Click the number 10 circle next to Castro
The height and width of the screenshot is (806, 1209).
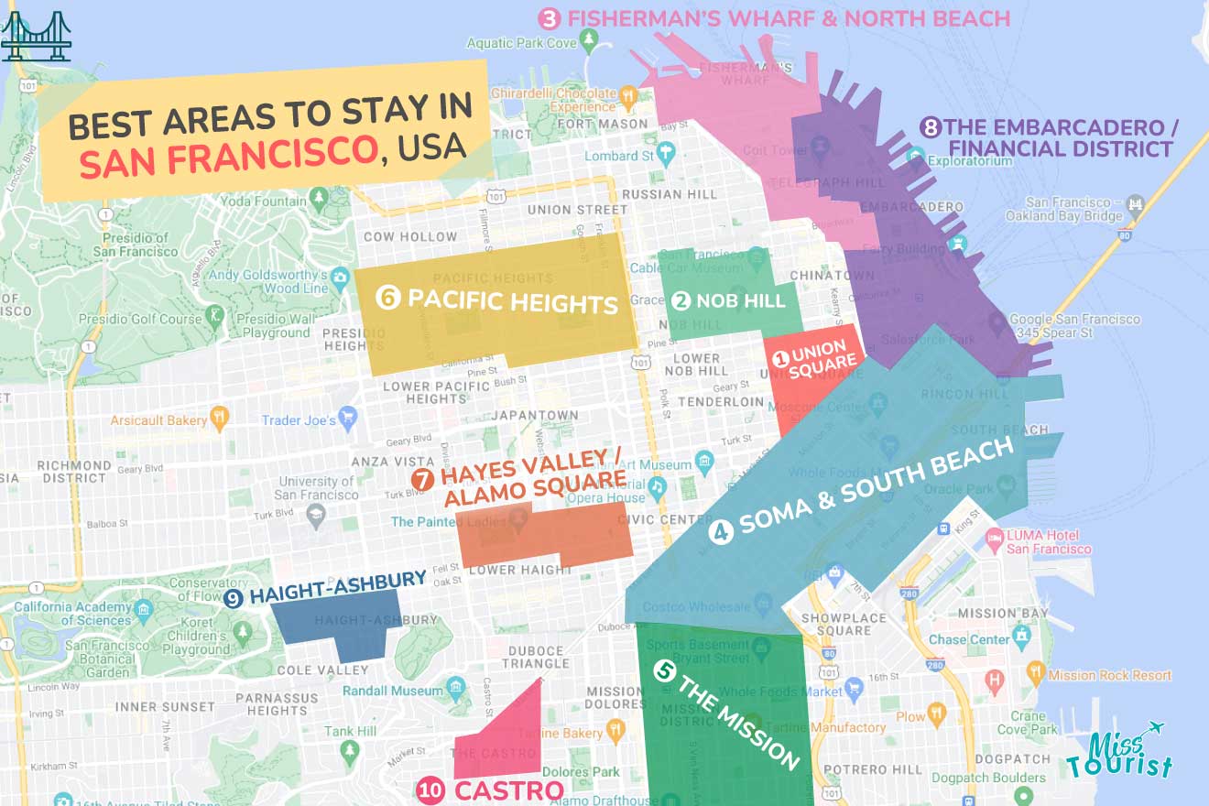pyautogui.click(x=430, y=790)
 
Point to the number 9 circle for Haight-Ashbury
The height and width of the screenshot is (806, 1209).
pyautogui.click(x=234, y=598)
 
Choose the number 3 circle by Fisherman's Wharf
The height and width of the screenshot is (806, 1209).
pyautogui.click(x=549, y=18)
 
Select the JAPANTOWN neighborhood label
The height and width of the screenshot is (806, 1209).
pyautogui.click(x=535, y=415)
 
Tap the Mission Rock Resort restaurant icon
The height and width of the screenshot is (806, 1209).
pyautogui.click(x=1036, y=673)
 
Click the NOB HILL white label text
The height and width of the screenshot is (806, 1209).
pyautogui.click(x=740, y=300)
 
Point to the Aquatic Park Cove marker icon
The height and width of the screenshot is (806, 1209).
pyautogui.click(x=590, y=40)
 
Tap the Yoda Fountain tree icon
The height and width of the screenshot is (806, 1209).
pyautogui.click(x=319, y=197)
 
